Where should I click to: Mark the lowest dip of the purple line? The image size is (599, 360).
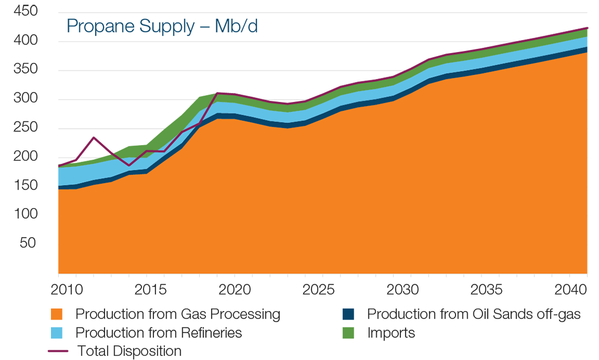129,166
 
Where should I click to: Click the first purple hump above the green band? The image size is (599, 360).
94,142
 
